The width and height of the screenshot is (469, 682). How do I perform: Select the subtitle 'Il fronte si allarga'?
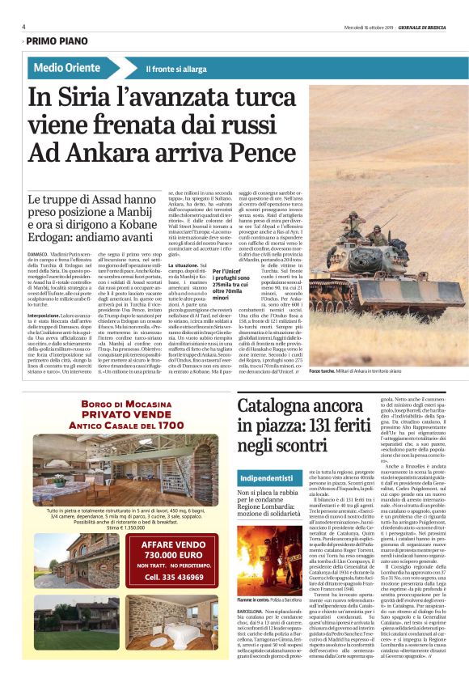(x=177, y=69)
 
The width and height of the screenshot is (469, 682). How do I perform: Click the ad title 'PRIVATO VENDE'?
(x=119, y=433)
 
